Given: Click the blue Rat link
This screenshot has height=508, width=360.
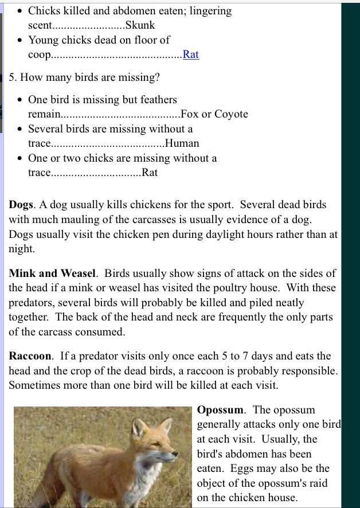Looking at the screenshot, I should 190,54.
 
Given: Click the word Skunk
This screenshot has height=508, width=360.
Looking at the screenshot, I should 140,25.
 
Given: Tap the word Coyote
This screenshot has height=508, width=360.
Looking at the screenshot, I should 231,114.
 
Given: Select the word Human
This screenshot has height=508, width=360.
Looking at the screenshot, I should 182,143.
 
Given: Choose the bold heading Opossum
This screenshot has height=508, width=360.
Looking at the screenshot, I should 221,410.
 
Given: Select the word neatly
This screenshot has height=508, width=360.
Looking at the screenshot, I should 285,302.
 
